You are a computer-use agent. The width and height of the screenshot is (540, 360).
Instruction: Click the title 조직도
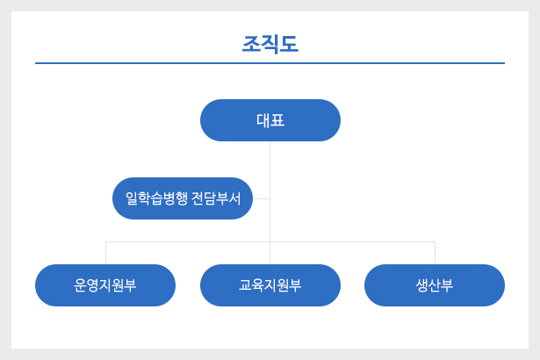tap(270, 44)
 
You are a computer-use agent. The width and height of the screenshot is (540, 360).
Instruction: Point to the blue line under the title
tap(270, 63)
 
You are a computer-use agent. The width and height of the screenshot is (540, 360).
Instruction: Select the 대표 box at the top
tap(270, 120)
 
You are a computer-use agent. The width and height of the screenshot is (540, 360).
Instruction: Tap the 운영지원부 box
tap(105, 285)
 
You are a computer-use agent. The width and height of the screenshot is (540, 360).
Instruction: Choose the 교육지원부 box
tap(270, 285)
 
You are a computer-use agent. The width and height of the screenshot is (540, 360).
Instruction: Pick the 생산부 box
tap(435, 285)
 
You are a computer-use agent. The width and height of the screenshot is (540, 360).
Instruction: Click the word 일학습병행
tap(156, 198)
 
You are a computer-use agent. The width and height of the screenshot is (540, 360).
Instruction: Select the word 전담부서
tap(216, 198)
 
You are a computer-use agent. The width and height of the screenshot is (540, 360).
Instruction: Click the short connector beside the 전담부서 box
tap(262, 198)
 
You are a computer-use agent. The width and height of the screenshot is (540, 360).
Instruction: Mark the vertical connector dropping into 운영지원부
tap(105, 253)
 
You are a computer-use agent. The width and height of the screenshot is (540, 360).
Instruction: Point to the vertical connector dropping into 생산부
tap(435, 253)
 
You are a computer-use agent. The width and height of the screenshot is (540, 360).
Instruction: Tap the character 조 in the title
tap(251, 44)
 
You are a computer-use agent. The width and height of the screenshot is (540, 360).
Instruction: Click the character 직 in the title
tap(270, 45)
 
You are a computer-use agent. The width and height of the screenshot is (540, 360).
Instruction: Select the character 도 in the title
tap(289, 44)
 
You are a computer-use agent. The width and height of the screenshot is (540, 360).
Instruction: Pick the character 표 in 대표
tap(278, 120)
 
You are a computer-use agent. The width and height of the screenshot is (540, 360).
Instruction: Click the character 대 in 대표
tap(263, 120)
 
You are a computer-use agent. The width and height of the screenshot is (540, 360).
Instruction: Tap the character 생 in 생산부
tap(421, 285)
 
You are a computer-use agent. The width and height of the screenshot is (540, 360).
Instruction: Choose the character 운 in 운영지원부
tap(80, 285)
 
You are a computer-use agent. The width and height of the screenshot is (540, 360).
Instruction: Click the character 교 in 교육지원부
tap(245, 284)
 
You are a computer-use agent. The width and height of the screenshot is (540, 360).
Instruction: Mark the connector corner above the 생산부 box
tap(435, 241)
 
